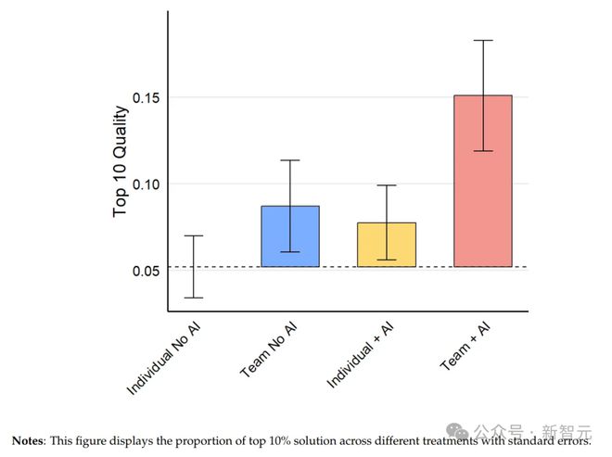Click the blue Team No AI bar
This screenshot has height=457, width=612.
point(289,236)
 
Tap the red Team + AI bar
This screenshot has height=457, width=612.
point(482,181)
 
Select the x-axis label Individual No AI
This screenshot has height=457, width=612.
point(165,357)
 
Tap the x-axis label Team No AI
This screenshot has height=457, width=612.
point(270,349)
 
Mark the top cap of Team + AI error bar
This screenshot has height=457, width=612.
point(482,41)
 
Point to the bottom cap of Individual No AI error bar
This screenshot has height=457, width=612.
point(193,298)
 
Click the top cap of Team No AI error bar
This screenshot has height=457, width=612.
point(289,160)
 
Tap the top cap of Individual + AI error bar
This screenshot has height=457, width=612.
point(386,185)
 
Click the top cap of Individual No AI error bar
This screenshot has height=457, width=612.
point(193,235)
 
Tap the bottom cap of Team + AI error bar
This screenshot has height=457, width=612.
point(482,151)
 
